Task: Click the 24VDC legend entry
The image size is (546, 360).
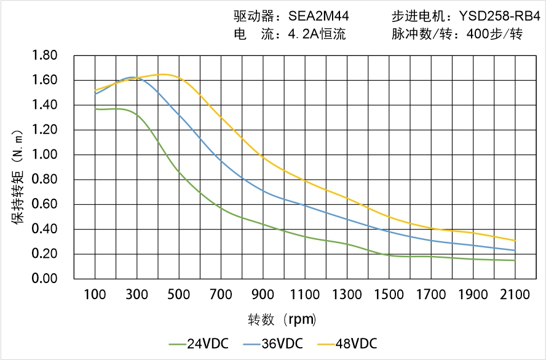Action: (200, 343)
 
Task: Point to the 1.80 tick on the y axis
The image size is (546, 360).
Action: (44, 56)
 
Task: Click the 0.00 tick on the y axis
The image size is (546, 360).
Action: (44, 279)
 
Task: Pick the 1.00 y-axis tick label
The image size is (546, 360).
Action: (44, 155)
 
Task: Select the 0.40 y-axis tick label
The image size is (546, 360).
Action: (44, 230)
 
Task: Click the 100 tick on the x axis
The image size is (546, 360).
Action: (95, 295)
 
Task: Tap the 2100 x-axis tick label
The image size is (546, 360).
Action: (515, 295)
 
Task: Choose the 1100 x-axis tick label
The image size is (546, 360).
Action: (305, 295)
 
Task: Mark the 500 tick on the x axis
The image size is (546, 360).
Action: (179, 295)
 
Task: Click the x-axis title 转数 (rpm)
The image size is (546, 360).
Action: (282, 319)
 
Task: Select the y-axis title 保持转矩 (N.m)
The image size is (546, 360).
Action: (18, 175)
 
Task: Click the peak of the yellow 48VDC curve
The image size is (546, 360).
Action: (162, 74)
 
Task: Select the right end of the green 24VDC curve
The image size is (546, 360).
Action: (515, 260)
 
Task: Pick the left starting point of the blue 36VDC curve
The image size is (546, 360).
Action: (95, 94)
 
